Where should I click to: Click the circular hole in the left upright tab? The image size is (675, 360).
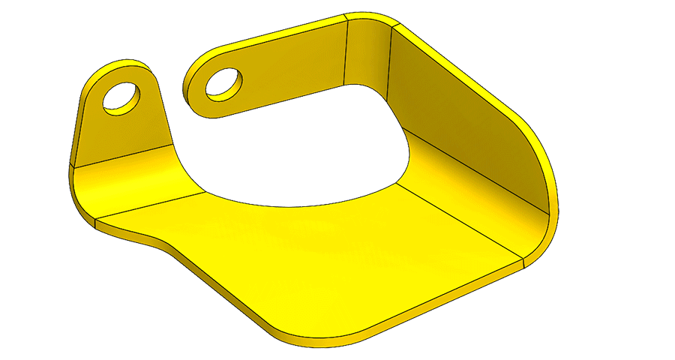pos(124,97)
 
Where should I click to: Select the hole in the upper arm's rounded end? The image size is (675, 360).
pos(223,82)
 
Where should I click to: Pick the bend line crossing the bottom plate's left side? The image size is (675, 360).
pos(150,205)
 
